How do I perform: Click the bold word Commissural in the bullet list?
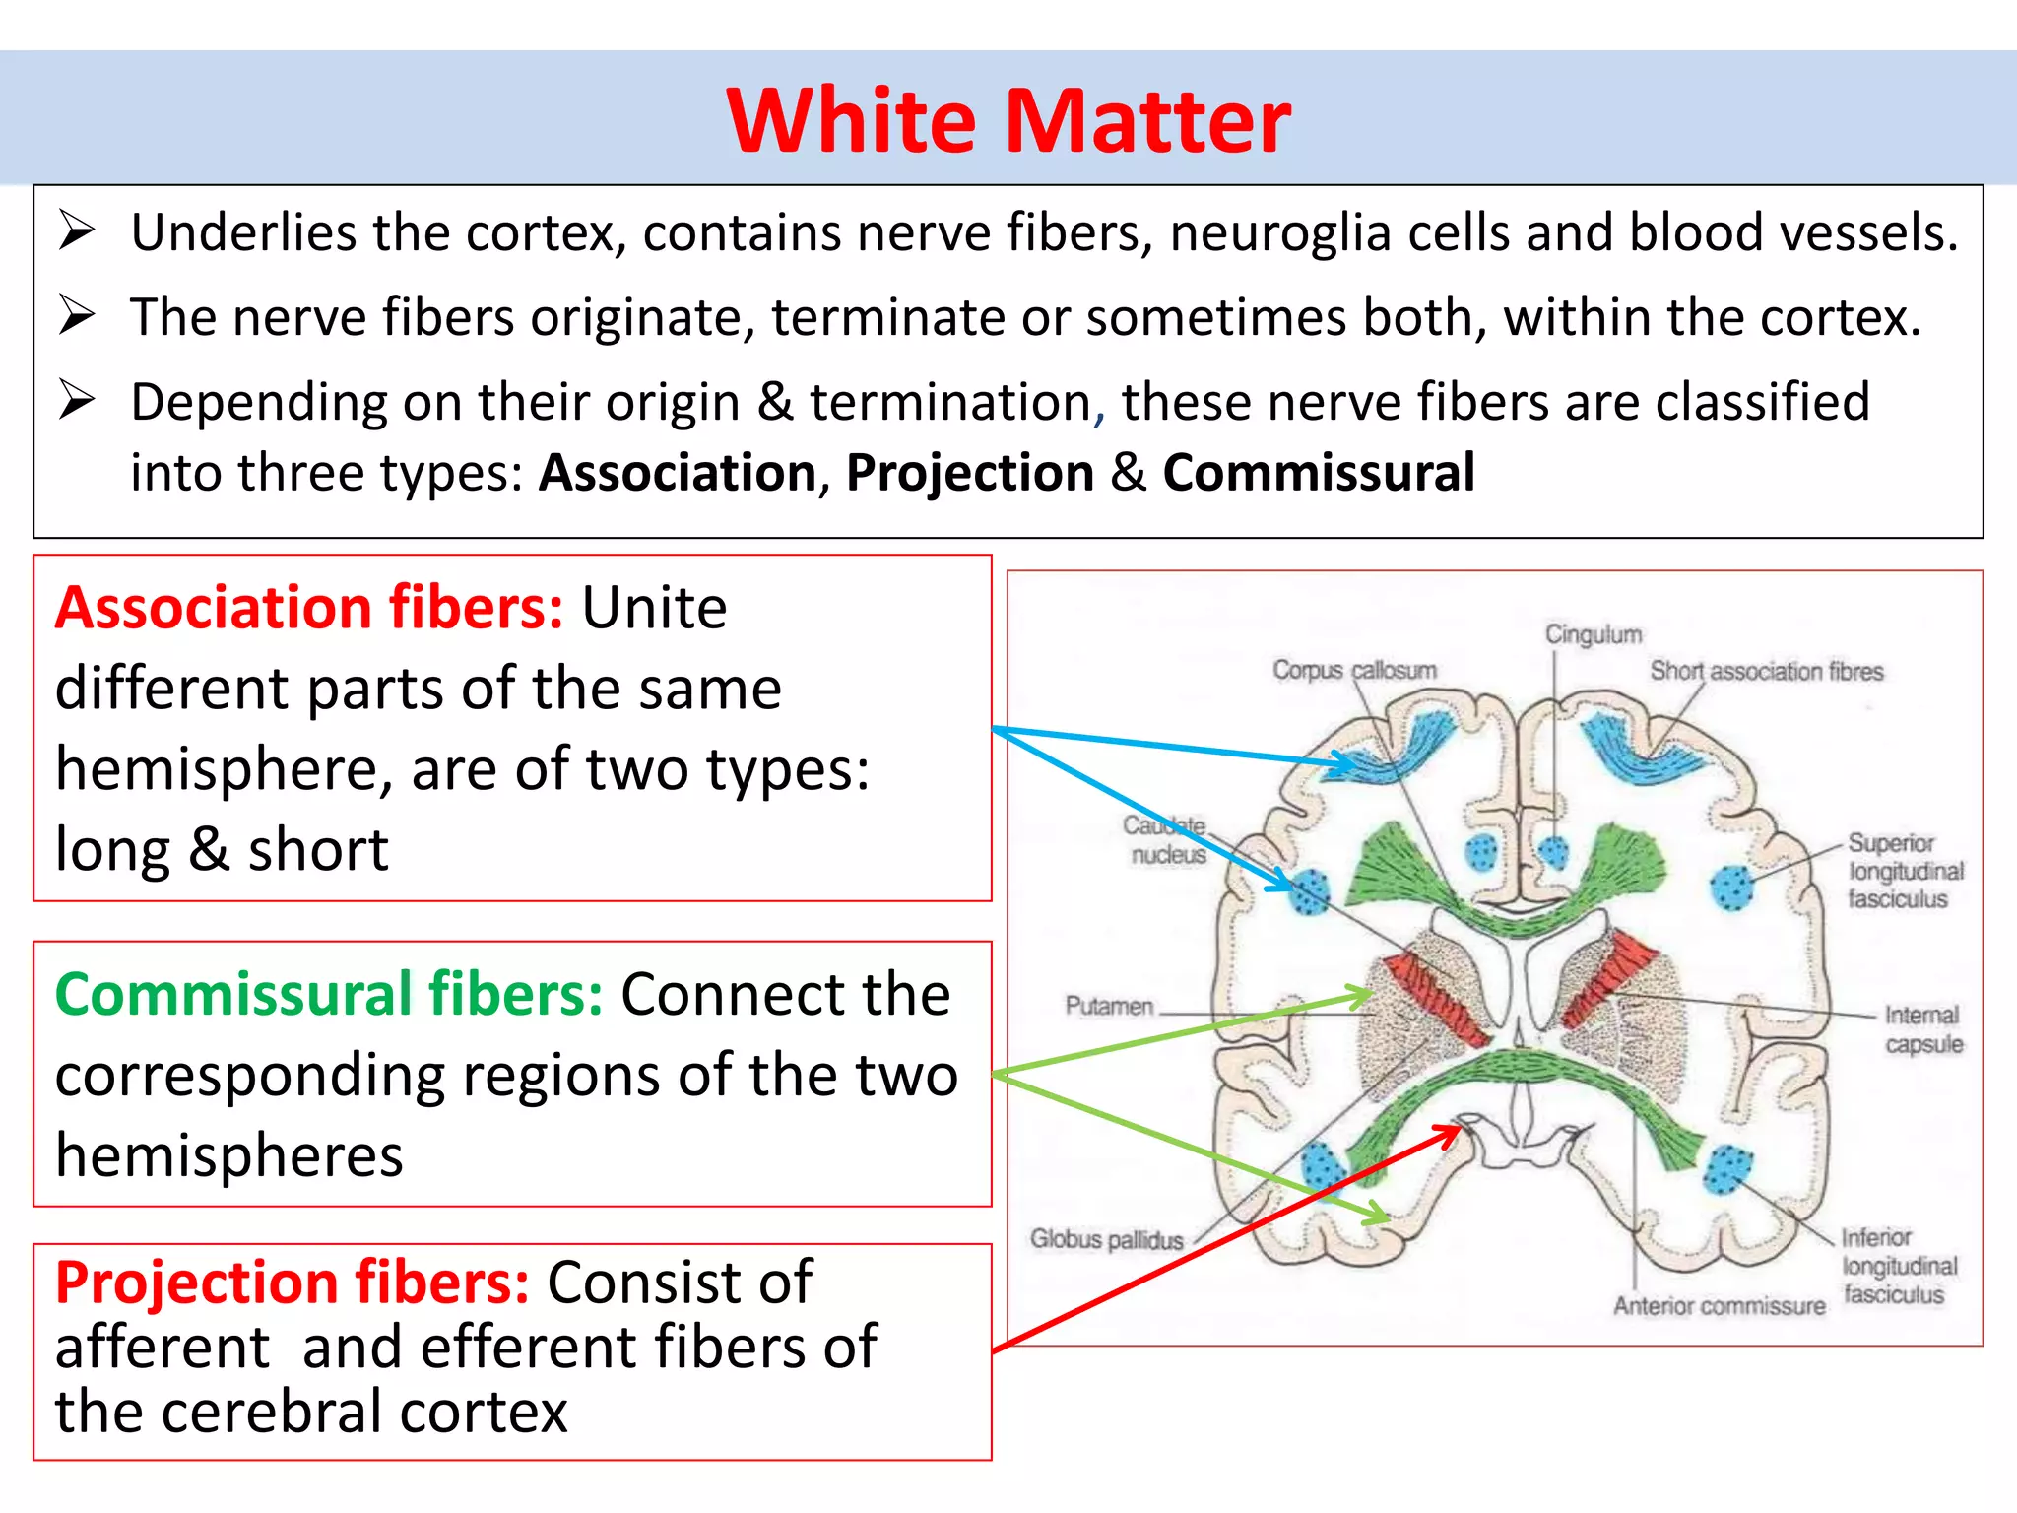click(1318, 473)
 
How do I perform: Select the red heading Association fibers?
click(309, 608)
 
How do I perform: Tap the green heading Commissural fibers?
click(329, 994)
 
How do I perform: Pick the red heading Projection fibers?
click(293, 1283)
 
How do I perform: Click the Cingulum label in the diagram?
click(1593, 634)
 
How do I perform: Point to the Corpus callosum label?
click(1353, 670)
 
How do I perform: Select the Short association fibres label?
click(1766, 672)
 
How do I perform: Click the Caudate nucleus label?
click(1166, 840)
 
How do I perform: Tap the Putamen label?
click(1109, 1006)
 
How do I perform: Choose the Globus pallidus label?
click(1106, 1239)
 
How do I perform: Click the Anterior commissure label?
click(1719, 1306)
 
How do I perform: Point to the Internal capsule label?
click(1922, 1029)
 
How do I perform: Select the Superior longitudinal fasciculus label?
click(1904, 871)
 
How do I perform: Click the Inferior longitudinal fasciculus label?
click(1899, 1266)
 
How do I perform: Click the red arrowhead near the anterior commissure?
click(1450, 1134)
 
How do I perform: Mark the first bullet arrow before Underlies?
click(76, 231)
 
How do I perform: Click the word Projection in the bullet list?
click(970, 473)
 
